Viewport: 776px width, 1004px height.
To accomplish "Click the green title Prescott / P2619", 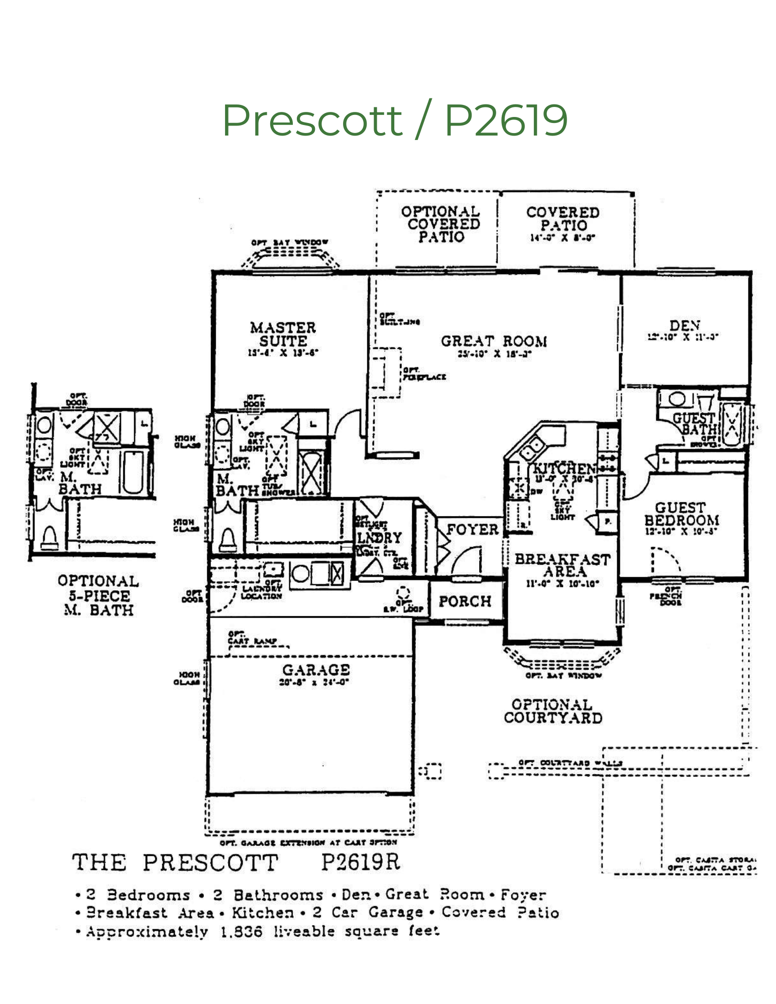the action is [395, 120].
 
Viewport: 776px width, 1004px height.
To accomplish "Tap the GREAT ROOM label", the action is [494, 341].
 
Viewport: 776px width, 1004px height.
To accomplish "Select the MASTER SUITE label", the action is [283, 334].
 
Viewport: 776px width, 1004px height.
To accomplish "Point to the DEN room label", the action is [685, 325].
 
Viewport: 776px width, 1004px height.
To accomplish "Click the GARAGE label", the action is [316, 670].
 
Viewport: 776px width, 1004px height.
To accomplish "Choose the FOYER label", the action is [472, 530].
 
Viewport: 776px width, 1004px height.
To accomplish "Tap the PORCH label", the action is [465, 601].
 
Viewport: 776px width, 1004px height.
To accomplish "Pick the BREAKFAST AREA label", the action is [563, 565].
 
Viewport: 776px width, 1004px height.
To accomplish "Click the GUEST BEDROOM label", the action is [682, 514].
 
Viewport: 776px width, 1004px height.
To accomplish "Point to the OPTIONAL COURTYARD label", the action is [552, 711].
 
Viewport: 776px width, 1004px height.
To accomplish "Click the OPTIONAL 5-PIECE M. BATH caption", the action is [98, 595].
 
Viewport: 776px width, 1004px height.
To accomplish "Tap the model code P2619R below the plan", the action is [360, 862].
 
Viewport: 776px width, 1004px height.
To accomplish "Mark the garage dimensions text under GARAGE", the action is [314, 682].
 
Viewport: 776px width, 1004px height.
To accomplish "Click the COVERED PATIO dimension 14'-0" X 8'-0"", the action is [563, 238].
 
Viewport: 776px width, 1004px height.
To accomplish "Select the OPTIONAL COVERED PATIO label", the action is [440, 224].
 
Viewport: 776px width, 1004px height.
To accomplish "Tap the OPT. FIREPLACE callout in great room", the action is [424, 374].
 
